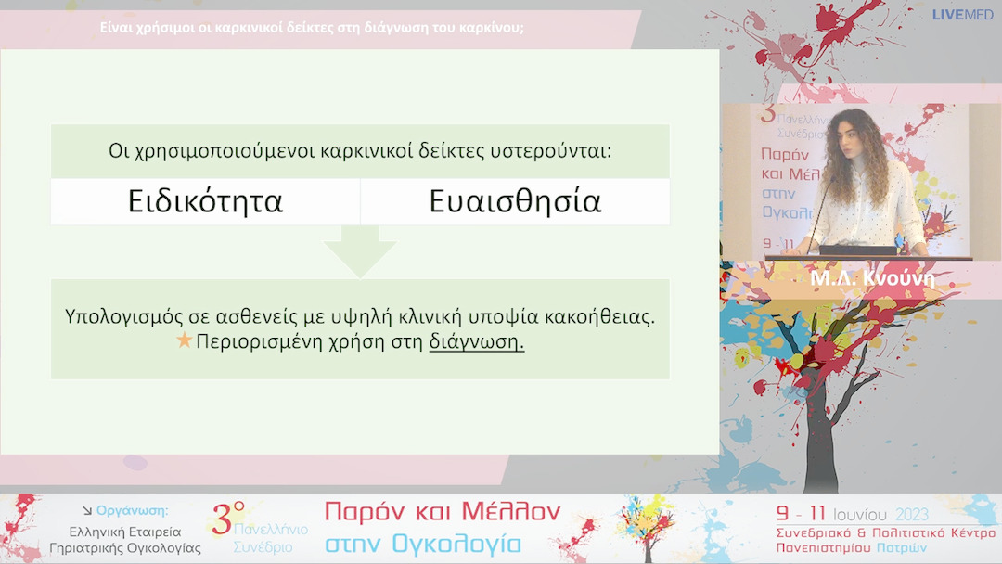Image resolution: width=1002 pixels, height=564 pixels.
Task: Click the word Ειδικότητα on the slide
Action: (205, 201)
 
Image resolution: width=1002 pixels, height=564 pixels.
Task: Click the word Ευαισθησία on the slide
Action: (515, 201)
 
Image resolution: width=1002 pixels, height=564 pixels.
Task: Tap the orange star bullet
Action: (184, 340)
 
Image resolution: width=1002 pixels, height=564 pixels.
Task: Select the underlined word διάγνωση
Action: (476, 341)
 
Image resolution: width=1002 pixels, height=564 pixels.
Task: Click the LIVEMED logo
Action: (962, 15)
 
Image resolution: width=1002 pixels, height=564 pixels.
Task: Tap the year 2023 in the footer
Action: (911, 514)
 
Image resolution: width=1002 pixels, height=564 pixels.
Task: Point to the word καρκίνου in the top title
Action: (492, 27)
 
